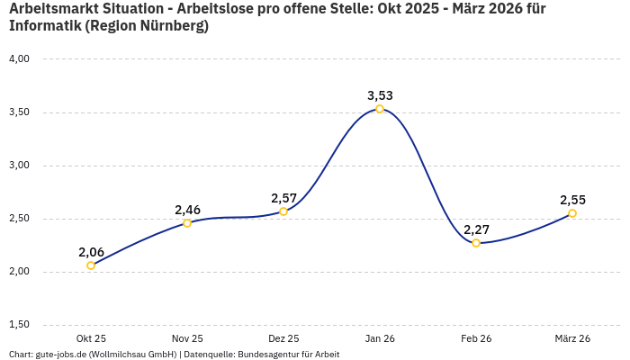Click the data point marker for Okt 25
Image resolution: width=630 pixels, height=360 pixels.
tap(91, 265)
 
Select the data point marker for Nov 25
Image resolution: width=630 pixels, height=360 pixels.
tap(187, 223)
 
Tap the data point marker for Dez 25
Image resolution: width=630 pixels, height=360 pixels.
tap(283, 211)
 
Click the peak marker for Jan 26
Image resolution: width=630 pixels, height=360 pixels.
tap(380, 109)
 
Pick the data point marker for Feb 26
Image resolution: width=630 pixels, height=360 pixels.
tap(476, 243)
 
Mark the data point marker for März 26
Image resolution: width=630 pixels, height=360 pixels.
tap(572, 213)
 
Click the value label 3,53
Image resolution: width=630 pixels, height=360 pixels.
tap(380, 95)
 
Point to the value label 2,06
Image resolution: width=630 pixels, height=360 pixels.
tap(91, 252)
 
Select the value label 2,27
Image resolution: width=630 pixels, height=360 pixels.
tap(476, 229)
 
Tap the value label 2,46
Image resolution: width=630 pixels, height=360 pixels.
tap(187, 210)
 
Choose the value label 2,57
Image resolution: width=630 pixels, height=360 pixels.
tap(283, 198)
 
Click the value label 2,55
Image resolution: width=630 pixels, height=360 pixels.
tap(572, 200)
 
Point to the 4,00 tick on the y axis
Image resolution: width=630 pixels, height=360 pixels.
tap(19, 59)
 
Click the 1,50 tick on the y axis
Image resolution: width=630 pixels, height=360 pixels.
tap(19, 325)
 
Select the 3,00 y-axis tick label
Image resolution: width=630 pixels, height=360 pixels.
tap(19, 166)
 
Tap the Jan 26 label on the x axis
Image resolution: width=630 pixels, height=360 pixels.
tap(380, 338)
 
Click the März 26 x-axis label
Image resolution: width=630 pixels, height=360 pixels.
tap(572, 338)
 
